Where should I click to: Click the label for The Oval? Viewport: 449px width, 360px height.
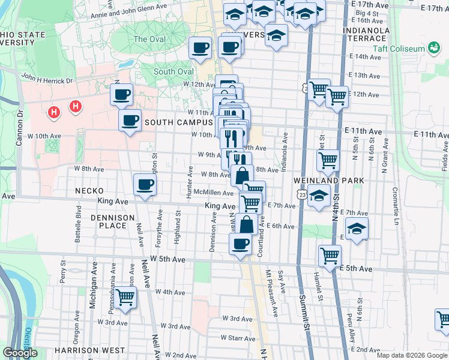[149, 39]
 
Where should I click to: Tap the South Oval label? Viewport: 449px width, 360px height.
[173, 71]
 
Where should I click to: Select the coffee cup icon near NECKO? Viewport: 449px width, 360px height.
[145, 185]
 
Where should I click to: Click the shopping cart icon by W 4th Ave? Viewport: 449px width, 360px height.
[125, 297]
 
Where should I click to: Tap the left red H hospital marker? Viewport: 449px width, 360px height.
[54, 112]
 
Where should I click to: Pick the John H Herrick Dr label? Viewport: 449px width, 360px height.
[47, 79]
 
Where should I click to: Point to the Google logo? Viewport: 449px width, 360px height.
[20, 353]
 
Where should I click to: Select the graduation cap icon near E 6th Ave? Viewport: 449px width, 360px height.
[357, 229]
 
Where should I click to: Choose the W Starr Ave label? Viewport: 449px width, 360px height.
[238, 338]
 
